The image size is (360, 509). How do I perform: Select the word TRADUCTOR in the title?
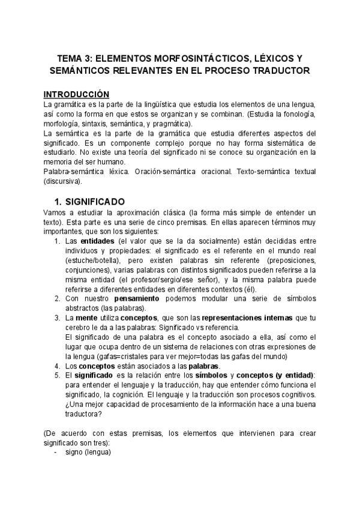[280, 71]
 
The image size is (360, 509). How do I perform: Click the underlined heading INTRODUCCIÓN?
[77, 94]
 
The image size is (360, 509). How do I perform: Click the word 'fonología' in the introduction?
[295, 113]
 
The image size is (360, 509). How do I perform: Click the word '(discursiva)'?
[63, 181]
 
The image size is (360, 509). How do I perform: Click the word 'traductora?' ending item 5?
[82, 414]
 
